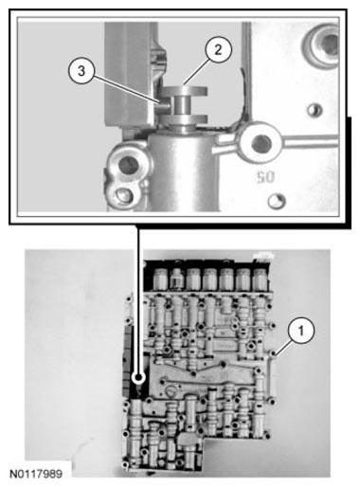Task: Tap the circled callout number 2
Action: click(218, 51)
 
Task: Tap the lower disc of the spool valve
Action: click(186, 122)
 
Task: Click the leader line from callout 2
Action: click(199, 72)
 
